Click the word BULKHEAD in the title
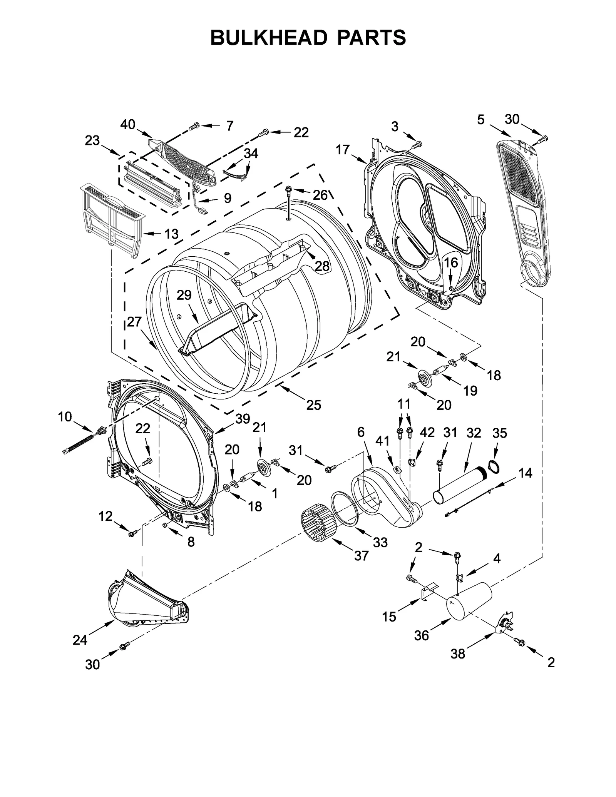pos(269,37)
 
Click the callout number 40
pos(128,124)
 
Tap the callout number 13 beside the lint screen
pos(171,234)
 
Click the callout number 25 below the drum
pos(313,405)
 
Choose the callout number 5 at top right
pos(480,120)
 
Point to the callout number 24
pos(80,640)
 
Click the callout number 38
pos(458,653)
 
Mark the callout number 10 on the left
pos(65,416)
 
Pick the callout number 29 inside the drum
pos(184,295)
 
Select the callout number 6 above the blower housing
pos(360,432)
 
